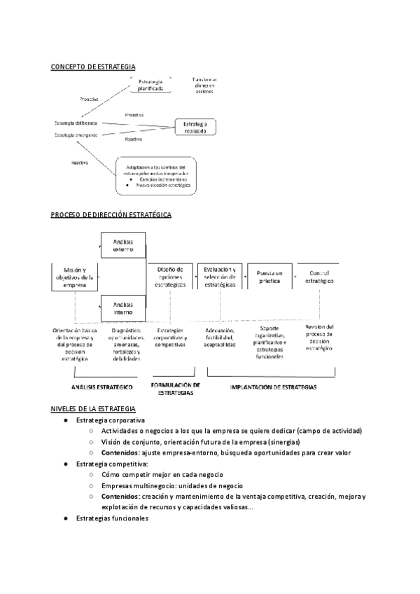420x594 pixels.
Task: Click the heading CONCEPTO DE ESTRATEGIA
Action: coord(93,67)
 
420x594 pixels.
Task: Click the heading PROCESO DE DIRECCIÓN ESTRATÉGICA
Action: coord(111,215)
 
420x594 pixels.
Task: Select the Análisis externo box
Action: coord(122,245)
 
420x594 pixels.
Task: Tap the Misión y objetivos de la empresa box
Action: coord(74,277)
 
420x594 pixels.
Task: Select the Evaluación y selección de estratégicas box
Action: coord(219,277)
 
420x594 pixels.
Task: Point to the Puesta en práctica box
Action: coord(269,277)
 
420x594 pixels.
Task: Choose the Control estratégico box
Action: coord(319,277)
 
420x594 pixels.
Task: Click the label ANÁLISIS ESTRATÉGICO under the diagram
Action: coord(102,386)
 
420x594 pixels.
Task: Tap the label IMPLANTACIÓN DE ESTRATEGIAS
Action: coord(273,386)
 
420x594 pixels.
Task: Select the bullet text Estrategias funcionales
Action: coord(112,519)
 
